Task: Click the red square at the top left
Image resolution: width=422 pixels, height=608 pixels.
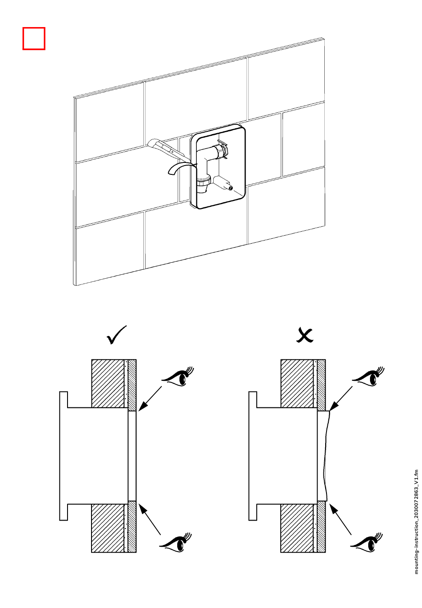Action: (34, 39)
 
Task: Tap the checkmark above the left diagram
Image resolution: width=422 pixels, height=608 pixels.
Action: (117, 336)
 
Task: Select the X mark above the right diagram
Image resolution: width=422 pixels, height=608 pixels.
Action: (305, 336)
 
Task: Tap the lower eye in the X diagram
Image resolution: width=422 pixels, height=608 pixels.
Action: (367, 542)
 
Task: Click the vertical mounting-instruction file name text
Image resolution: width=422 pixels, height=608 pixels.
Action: (416, 521)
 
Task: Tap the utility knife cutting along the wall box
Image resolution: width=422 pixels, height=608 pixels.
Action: (167, 148)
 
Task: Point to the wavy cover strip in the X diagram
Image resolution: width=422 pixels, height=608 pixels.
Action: (323, 456)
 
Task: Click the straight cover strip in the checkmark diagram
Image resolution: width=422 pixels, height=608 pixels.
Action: (132, 456)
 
